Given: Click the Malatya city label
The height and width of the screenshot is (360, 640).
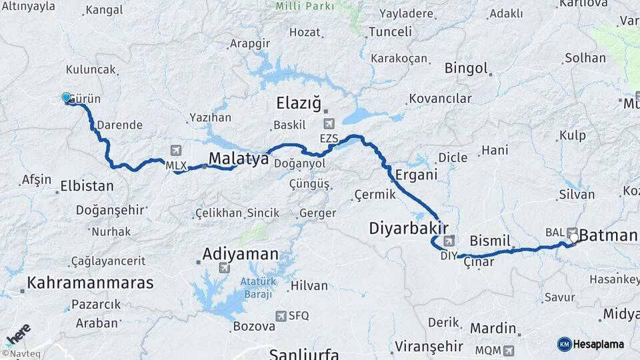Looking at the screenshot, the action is pyautogui.click(x=238, y=159).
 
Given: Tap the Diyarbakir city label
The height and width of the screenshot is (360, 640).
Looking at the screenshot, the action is pyautogui.click(x=408, y=229).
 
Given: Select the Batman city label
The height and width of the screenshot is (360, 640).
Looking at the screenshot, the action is pyautogui.click(x=609, y=235).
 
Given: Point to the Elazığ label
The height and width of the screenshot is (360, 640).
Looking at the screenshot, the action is pyautogui.click(x=299, y=103).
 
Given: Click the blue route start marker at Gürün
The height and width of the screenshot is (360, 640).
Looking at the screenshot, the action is pyautogui.click(x=66, y=98).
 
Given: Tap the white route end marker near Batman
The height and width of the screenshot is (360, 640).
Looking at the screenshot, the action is pyautogui.click(x=574, y=237).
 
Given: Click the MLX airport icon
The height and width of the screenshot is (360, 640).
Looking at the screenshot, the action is pyautogui.click(x=175, y=150).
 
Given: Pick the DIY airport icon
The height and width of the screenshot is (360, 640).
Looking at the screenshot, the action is pyautogui.click(x=450, y=241).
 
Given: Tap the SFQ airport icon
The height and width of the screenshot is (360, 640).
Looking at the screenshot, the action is pyautogui.click(x=281, y=316).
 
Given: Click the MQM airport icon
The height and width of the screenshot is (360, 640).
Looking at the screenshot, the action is pyautogui.click(x=509, y=349).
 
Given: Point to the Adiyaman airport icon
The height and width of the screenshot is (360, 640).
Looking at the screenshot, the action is pyautogui.click(x=223, y=268).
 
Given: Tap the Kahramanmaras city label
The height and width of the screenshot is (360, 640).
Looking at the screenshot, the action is pyautogui.click(x=90, y=282).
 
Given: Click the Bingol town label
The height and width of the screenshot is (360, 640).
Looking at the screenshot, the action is pyautogui.click(x=467, y=68).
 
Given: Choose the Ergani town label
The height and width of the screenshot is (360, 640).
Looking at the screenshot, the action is pyautogui.click(x=416, y=175).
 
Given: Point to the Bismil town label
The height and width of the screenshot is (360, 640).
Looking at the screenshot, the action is pyautogui.click(x=490, y=240).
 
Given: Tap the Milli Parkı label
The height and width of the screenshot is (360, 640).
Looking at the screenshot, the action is pyautogui.click(x=306, y=6).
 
